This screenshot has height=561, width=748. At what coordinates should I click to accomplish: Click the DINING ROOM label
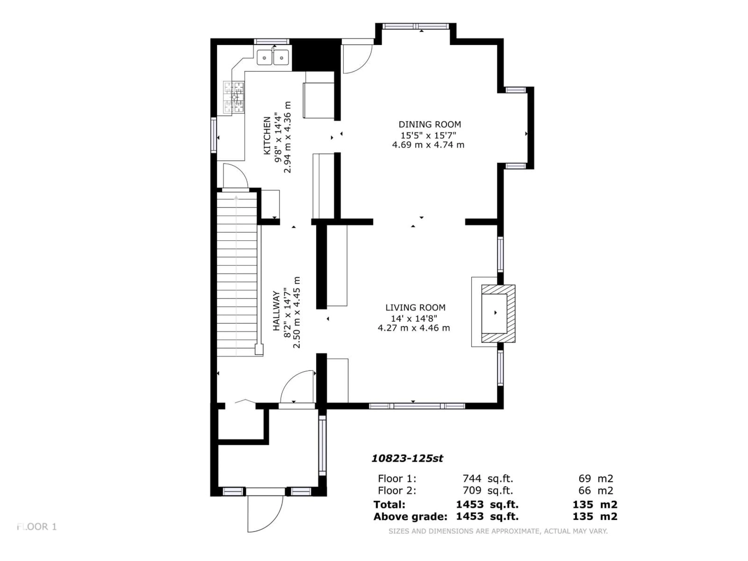pos(430,124)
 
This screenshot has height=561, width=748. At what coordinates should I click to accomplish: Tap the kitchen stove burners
pos(234,97)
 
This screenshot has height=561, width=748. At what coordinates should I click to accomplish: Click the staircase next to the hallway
pos(237,274)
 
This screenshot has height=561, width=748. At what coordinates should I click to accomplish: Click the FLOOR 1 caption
pos(37,527)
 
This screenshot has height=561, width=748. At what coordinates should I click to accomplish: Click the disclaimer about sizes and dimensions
pos(498,531)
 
